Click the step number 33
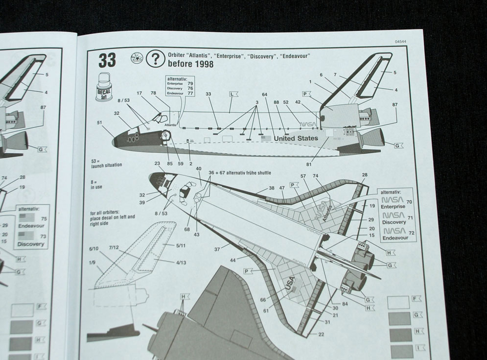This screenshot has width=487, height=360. (107, 60)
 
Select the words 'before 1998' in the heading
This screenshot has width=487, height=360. (190, 64)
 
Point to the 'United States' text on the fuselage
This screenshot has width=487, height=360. (296, 138)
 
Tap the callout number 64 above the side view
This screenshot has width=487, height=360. (265, 95)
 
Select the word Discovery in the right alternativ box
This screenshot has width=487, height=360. (394, 222)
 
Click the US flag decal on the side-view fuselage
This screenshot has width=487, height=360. (266, 138)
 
